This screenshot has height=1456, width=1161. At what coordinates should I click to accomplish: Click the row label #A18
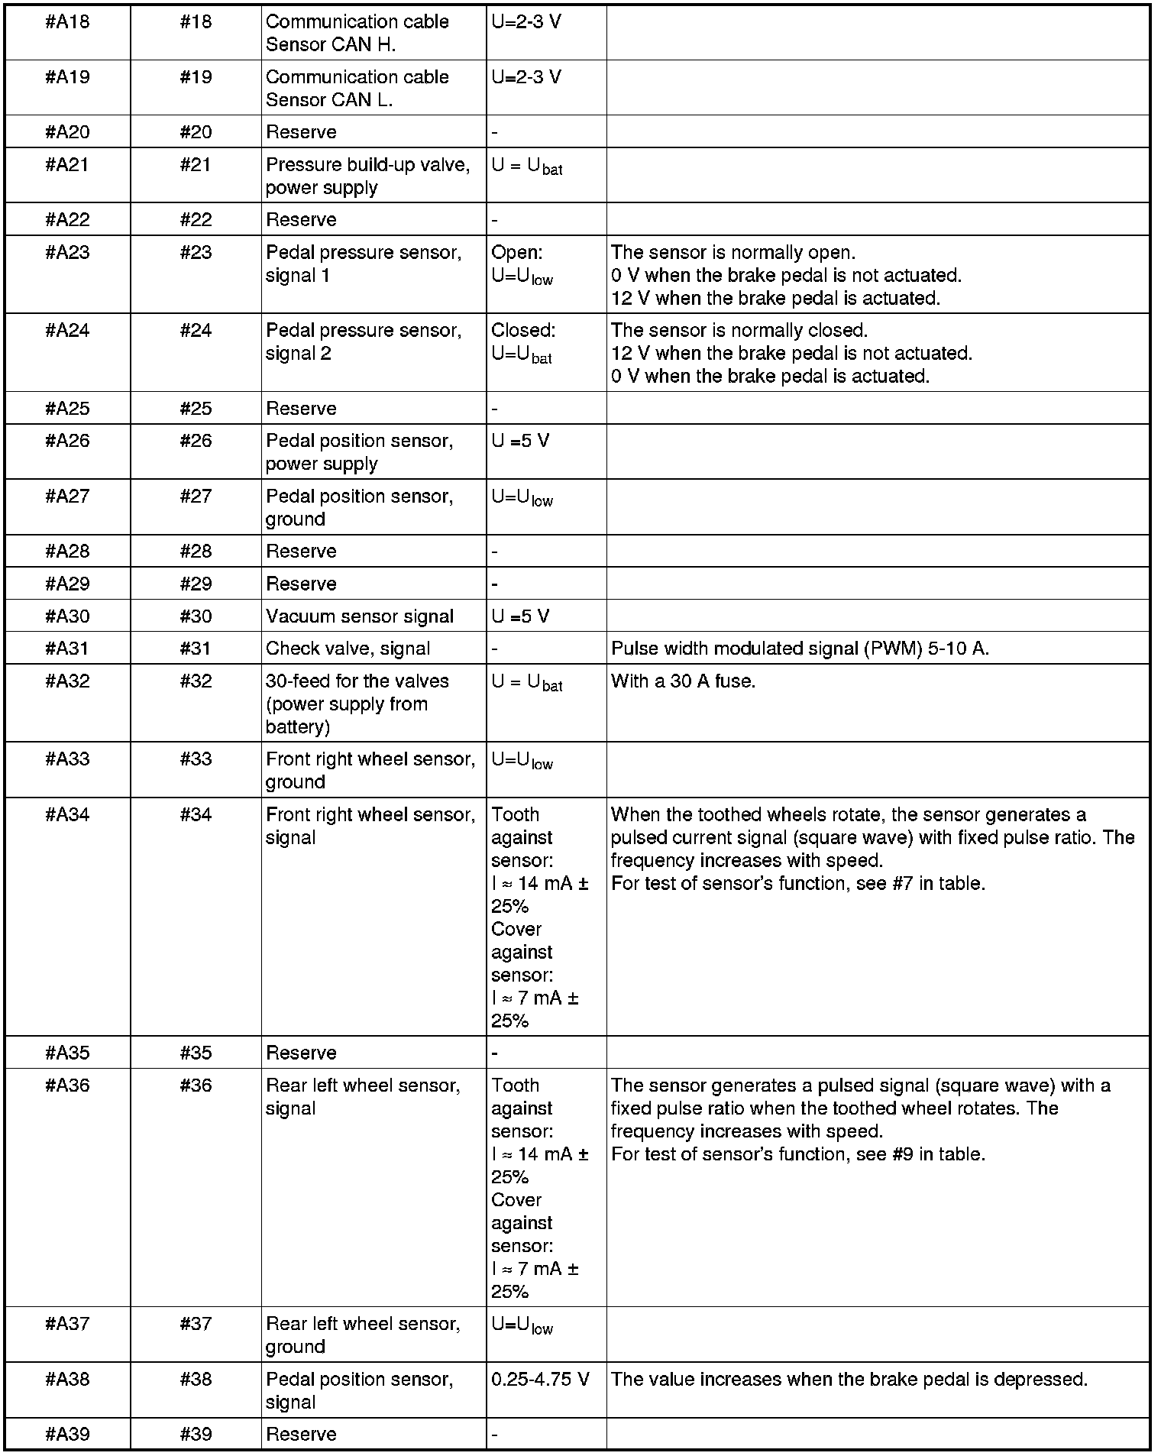coord(67,22)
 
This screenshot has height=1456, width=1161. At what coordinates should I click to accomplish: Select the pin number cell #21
coord(196,165)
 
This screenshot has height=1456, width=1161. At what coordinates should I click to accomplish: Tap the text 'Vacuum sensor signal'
coord(359,616)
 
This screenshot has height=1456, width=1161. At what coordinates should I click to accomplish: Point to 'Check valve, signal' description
coord(348,649)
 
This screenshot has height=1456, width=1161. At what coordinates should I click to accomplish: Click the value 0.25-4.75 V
coord(540,1379)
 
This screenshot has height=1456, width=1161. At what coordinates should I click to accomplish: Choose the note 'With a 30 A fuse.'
coord(683,681)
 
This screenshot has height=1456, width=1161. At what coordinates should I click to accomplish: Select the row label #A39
coord(67,1434)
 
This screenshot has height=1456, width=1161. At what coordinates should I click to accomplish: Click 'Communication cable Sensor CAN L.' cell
coord(357,89)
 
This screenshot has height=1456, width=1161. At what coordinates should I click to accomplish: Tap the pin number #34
coord(196,815)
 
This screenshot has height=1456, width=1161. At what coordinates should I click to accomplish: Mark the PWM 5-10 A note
coord(800,649)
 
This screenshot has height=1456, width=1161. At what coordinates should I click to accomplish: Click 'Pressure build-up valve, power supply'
coord(367,176)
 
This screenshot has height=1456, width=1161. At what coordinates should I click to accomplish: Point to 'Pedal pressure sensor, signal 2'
coord(363,342)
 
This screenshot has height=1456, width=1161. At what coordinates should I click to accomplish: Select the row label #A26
coord(67,441)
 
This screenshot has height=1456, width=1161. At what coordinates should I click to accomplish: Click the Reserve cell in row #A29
coord(301,584)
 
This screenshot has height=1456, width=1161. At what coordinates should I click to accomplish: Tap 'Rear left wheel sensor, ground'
coord(363,1335)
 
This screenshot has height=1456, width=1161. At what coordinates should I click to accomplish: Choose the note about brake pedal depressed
coord(849,1379)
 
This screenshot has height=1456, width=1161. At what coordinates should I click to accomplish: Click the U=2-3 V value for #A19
coord(526,77)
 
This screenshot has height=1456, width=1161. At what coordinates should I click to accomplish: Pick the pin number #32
coord(196,681)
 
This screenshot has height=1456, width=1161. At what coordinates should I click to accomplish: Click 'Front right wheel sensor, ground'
coord(370,770)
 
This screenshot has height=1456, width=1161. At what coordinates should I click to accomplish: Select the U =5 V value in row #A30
coord(519,616)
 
